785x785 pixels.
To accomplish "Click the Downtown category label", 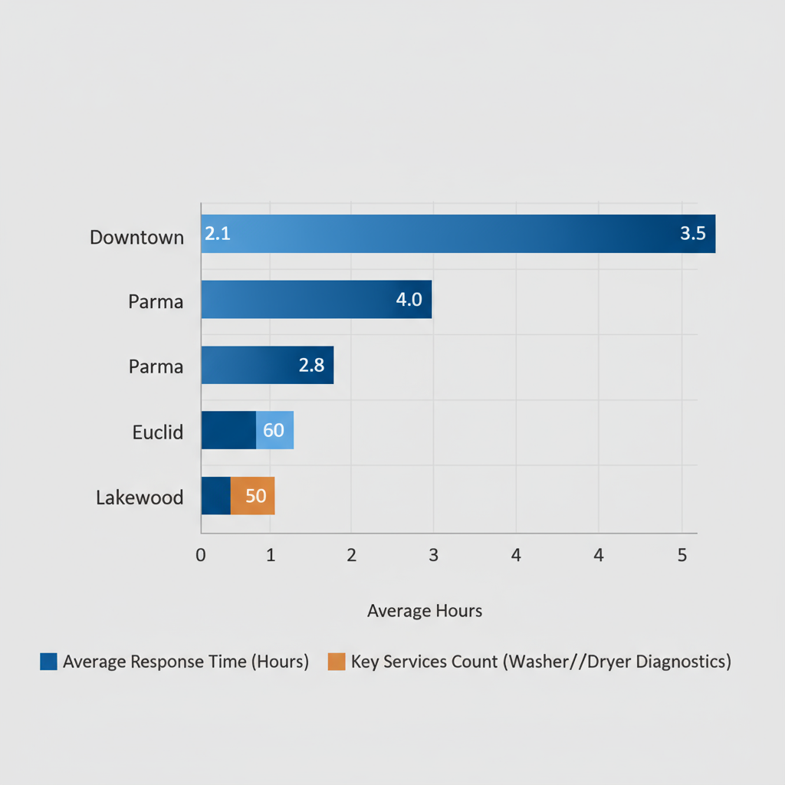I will pyautogui.click(x=136, y=237).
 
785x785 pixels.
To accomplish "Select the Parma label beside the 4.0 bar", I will pyautogui.click(x=156, y=301).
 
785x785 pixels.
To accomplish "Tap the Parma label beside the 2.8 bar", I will pyautogui.click(x=156, y=366).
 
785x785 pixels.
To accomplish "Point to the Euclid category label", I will pyautogui.click(x=157, y=432).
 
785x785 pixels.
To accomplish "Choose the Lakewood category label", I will pyautogui.click(x=140, y=498).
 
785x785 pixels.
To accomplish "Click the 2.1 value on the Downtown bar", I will pyautogui.click(x=218, y=234).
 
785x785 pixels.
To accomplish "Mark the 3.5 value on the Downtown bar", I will pyautogui.click(x=692, y=234).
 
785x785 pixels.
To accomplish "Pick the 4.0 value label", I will pyautogui.click(x=409, y=300).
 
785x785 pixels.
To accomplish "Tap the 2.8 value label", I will pyautogui.click(x=311, y=366).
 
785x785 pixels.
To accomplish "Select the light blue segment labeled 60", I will pyautogui.click(x=274, y=430).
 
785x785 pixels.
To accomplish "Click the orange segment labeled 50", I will pyautogui.click(x=253, y=496).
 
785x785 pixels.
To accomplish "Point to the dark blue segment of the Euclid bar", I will pyautogui.click(x=228, y=430).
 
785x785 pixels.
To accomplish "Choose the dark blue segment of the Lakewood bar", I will pyautogui.click(x=215, y=496).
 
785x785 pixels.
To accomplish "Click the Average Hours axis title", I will pyautogui.click(x=425, y=611).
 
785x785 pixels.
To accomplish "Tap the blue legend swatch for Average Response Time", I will pyautogui.click(x=48, y=662).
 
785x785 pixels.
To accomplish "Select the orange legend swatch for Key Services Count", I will pyautogui.click(x=336, y=662).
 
